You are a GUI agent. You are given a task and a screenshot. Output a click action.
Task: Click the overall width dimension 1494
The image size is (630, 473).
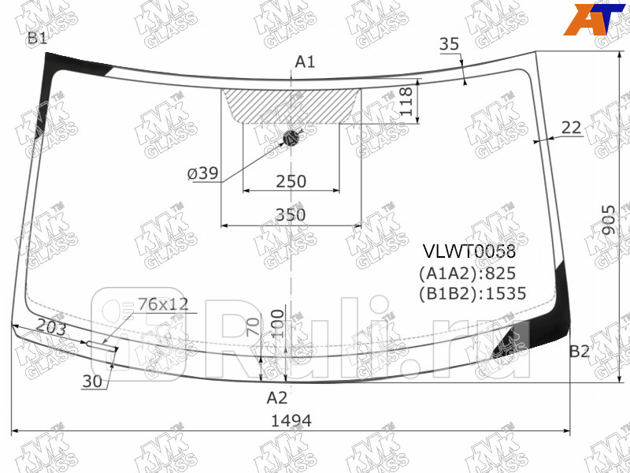click(291, 421)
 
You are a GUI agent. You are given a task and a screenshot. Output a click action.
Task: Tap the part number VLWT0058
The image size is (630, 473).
click(470, 252)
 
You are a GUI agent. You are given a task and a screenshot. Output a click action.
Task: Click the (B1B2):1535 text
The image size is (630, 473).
click(472, 294)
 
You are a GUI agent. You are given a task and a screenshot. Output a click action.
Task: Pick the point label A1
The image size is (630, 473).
click(305, 62)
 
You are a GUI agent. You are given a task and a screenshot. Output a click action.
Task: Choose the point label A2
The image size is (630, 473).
click(276, 397)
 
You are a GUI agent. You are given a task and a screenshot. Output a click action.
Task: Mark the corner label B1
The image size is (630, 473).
click(37, 38)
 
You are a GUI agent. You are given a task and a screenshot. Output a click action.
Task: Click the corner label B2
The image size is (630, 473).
click(580, 352)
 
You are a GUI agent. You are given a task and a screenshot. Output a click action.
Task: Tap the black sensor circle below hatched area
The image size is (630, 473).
click(292, 138)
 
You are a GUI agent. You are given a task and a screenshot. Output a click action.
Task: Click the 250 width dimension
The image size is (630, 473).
click(291, 181)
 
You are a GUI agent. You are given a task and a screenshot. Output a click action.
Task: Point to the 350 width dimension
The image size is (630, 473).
click(291, 214)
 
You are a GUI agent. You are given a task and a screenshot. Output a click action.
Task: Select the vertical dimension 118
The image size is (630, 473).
click(406, 102)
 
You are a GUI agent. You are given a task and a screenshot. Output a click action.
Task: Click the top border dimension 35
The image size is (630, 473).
click(449, 44)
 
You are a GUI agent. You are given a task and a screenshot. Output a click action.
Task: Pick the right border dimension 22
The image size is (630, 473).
click(572, 127)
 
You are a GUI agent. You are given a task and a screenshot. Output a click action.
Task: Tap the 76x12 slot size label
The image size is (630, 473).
click(163, 304)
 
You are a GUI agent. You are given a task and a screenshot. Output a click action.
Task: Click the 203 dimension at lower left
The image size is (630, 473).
click(51, 330)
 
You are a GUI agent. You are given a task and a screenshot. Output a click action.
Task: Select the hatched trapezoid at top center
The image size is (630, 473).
click(291, 105)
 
